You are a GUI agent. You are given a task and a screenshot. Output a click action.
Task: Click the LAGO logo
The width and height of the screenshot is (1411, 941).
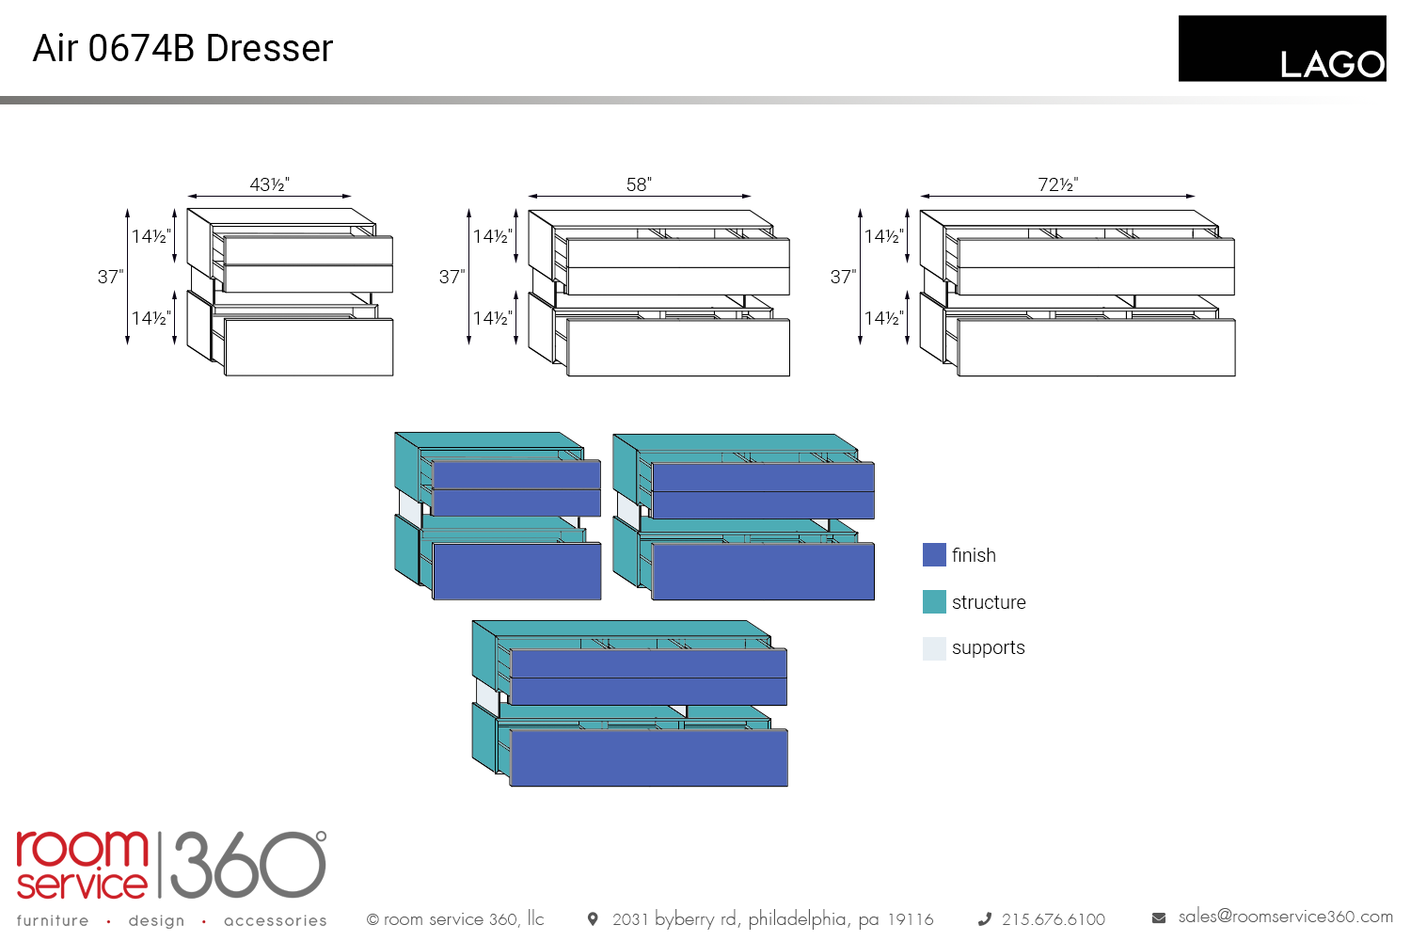click(1282, 49)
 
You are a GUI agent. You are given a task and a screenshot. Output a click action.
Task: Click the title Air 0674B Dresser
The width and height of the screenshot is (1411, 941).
click(182, 48)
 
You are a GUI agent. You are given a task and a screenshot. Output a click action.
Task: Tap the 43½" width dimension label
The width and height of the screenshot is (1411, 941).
click(269, 184)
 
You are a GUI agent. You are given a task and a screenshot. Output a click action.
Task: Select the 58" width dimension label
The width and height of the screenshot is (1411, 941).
click(639, 184)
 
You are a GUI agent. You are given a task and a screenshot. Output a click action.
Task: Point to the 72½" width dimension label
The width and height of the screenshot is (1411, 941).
click(1057, 184)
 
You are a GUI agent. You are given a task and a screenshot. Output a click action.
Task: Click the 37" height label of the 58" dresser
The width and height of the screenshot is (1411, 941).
click(452, 277)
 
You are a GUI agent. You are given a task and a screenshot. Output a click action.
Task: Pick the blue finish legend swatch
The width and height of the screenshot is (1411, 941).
click(934, 555)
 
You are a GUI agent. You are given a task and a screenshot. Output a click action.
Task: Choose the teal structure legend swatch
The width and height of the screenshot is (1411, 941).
click(934, 602)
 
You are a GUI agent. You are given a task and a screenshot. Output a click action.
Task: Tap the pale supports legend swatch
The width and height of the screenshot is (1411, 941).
click(934, 648)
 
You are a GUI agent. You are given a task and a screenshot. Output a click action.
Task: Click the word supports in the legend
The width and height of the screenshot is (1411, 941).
click(988, 648)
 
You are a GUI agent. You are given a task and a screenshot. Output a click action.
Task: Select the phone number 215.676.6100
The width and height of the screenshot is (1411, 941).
click(1053, 919)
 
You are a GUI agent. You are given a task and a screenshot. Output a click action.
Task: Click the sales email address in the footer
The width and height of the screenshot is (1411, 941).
click(1285, 917)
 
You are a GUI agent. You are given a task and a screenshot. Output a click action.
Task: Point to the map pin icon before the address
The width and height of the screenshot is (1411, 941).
click(593, 918)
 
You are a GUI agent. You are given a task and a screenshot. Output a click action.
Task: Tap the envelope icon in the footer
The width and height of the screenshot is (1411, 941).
click(1159, 917)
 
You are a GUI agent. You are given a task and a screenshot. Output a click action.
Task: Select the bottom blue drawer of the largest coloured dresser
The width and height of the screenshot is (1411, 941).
click(648, 758)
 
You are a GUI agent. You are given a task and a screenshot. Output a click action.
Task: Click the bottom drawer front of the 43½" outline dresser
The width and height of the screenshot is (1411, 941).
click(309, 347)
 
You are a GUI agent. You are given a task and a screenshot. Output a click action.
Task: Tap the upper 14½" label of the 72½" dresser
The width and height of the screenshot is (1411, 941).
click(883, 236)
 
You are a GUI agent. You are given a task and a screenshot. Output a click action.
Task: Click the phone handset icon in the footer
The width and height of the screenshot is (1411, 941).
click(984, 919)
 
